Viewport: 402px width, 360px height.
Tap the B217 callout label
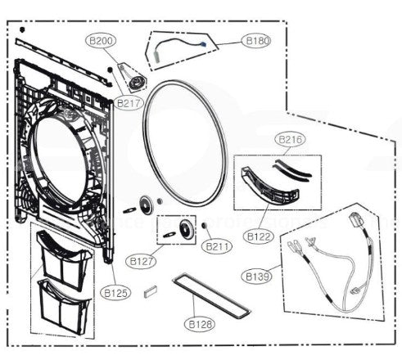point(129,104)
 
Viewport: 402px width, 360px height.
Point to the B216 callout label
point(292,140)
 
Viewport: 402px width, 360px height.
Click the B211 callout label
point(218,245)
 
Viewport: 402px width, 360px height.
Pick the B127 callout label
point(140,261)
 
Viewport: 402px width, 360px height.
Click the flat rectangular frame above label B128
point(208,295)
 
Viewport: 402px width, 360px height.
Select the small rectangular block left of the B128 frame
point(149,288)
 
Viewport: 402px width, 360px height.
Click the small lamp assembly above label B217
point(133,79)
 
